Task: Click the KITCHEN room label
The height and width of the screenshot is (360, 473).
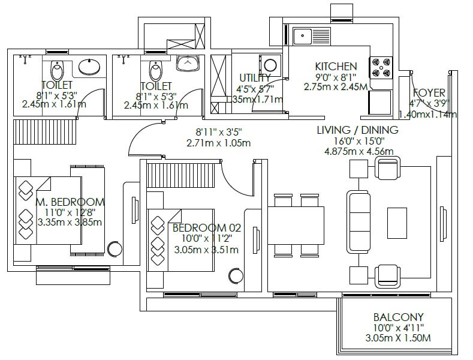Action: [x=336, y=67]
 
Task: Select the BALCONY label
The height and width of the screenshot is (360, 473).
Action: [x=398, y=317]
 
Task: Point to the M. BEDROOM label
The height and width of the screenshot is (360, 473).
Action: [x=70, y=202]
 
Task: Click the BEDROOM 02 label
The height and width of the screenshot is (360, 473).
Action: [x=206, y=228]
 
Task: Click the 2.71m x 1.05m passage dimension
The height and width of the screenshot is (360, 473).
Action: [x=218, y=143]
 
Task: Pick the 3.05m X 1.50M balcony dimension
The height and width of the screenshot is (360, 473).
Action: [x=398, y=338]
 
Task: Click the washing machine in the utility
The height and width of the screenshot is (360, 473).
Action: [x=269, y=64]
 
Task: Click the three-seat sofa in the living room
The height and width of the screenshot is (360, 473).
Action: [x=359, y=215]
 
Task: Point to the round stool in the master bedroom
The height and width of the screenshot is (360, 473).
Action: [x=114, y=249]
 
